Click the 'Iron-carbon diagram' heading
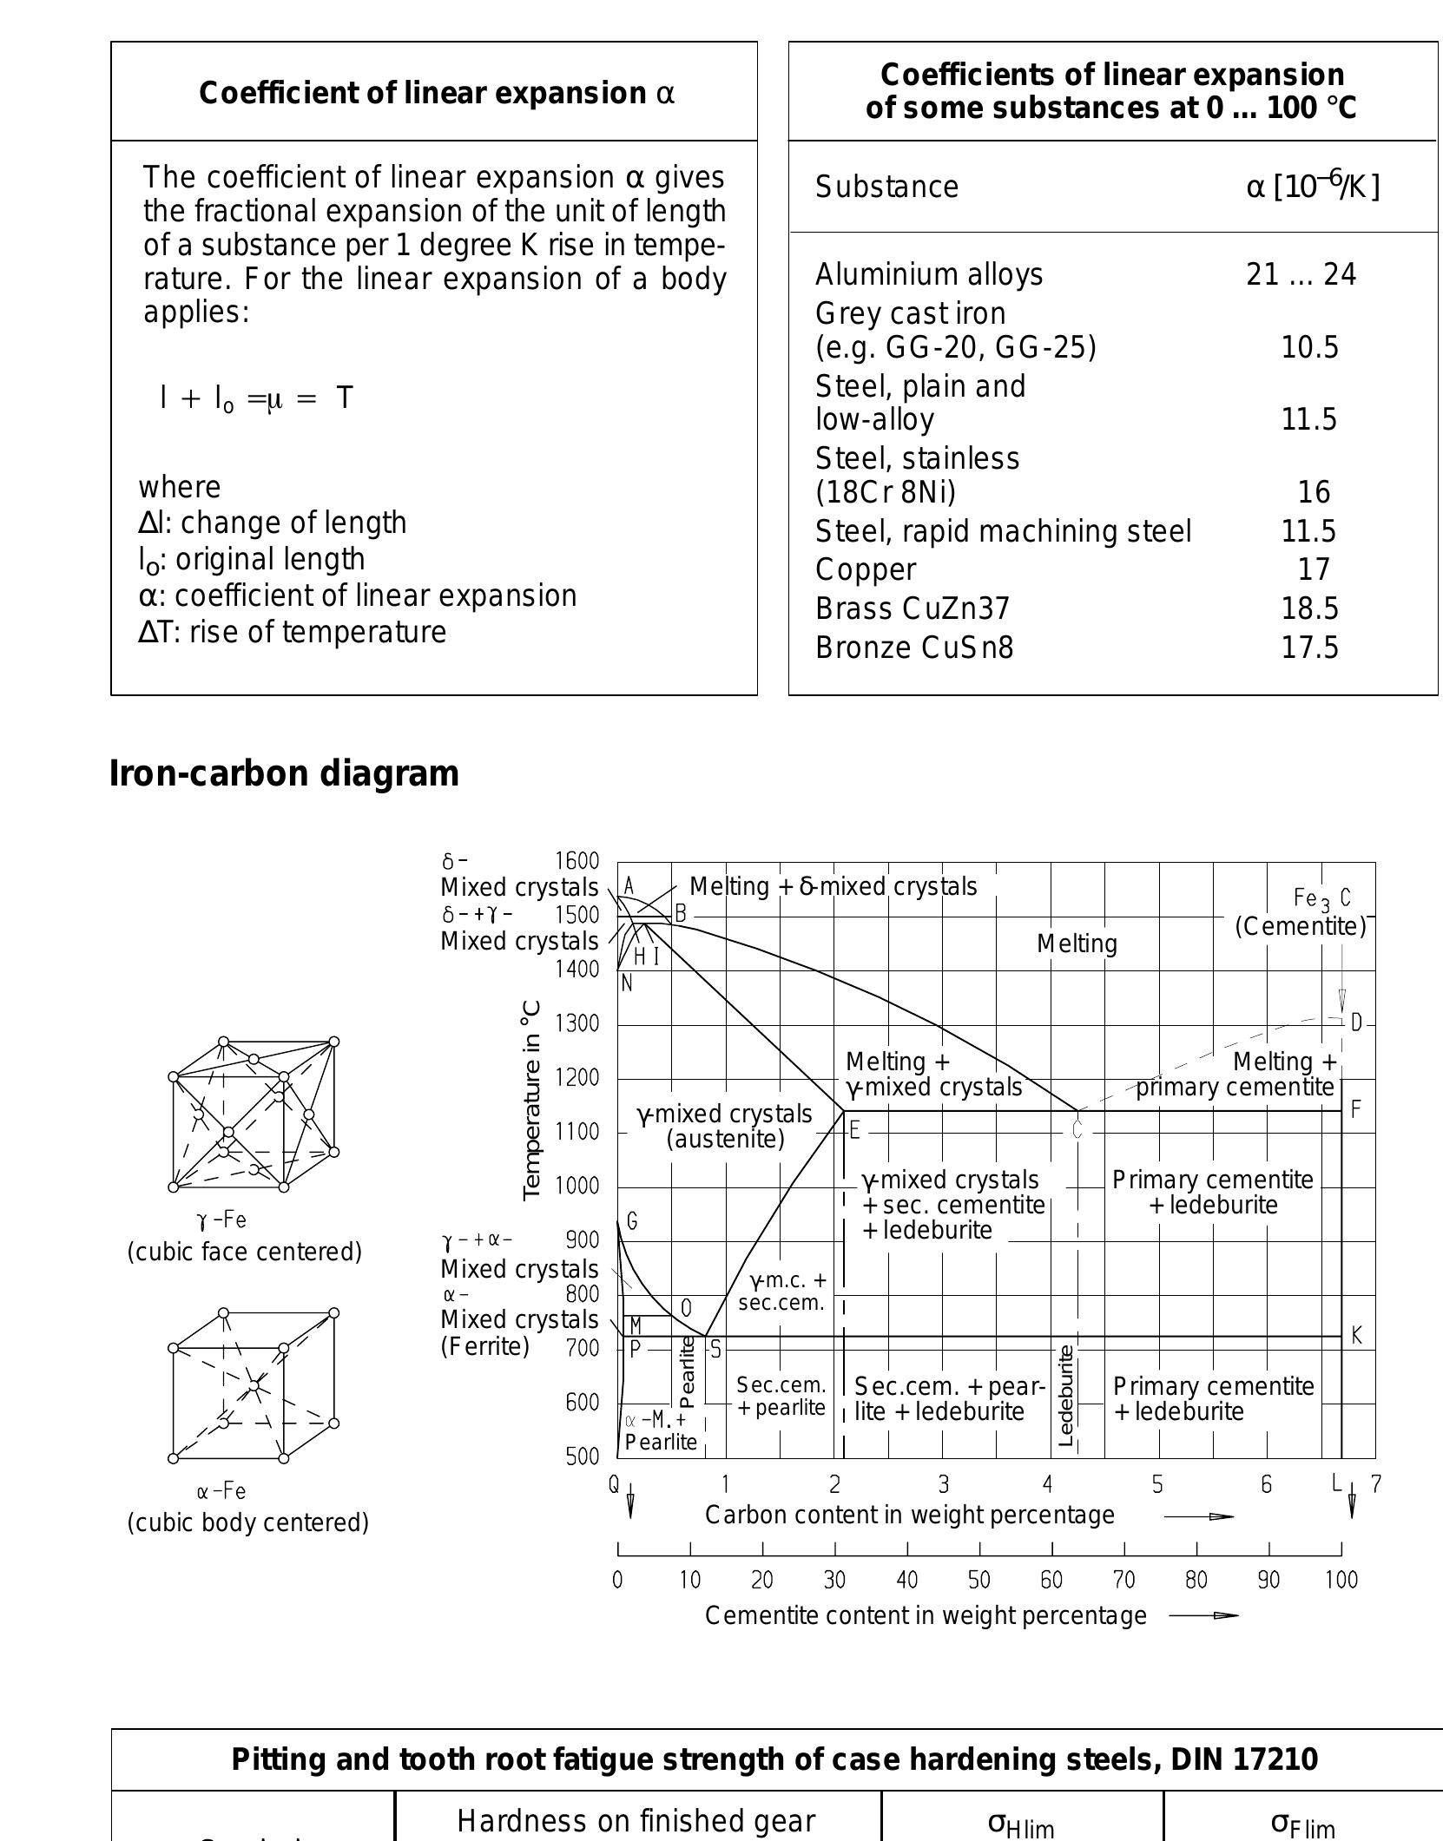pyautogui.click(x=284, y=773)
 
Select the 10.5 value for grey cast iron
pyautogui.click(x=1309, y=347)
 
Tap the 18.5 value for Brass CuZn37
pyautogui.click(x=1309, y=608)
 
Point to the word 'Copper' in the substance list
pyautogui.click(x=865, y=569)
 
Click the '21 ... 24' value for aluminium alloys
pyautogui.click(x=1301, y=274)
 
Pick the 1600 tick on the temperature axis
pyautogui.click(x=577, y=861)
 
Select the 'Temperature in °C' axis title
pyautogui.click(x=532, y=1101)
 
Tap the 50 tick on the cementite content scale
pyautogui.click(x=979, y=1580)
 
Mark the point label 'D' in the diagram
pyautogui.click(x=1356, y=1022)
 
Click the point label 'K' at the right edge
pyautogui.click(x=1356, y=1336)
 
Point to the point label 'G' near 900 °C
pyautogui.click(x=632, y=1222)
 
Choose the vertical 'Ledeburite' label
pyautogui.click(x=1067, y=1396)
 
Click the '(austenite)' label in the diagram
pyautogui.click(x=725, y=1139)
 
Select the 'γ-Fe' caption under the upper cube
pyautogui.click(x=222, y=1220)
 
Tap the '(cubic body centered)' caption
pyautogui.click(x=248, y=1522)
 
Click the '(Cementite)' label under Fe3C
pyautogui.click(x=1301, y=927)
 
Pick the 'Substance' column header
pyautogui.click(x=886, y=187)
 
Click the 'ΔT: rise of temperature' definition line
pyautogui.click(x=293, y=632)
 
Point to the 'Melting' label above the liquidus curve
pyautogui.click(x=1077, y=944)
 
